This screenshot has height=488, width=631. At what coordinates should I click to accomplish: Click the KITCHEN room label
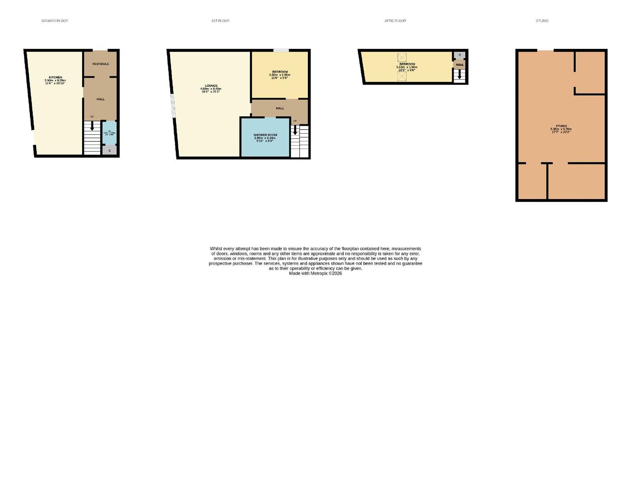coord(56,77)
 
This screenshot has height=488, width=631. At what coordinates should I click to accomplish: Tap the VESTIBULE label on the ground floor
coord(101,64)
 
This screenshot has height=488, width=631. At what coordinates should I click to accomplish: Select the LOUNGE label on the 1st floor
coord(211,86)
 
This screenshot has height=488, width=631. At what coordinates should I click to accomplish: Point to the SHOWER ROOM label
coord(265,135)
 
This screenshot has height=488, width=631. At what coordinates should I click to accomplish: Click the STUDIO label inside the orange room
coord(561,126)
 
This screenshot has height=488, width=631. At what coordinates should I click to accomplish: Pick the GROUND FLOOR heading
coord(55,21)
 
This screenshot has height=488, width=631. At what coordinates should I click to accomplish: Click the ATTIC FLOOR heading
coord(395,21)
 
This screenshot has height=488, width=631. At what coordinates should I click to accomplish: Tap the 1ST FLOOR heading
coord(220,21)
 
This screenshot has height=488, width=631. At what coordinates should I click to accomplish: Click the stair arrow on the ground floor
coord(92,126)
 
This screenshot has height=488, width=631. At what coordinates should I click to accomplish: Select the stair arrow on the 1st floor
coord(295,130)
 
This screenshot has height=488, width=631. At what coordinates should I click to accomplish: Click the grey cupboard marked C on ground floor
coord(109,150)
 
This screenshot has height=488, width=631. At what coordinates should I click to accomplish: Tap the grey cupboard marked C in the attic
coord(459,55)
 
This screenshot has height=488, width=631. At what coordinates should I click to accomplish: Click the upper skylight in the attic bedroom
coord(402,57)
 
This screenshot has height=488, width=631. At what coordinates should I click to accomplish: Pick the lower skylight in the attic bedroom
coord(402,76)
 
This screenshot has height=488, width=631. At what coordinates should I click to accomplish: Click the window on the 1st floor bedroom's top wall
coord(281,50)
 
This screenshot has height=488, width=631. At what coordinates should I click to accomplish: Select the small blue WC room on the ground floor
coord(109,133)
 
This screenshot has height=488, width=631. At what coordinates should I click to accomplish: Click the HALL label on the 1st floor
coord(280,108)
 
